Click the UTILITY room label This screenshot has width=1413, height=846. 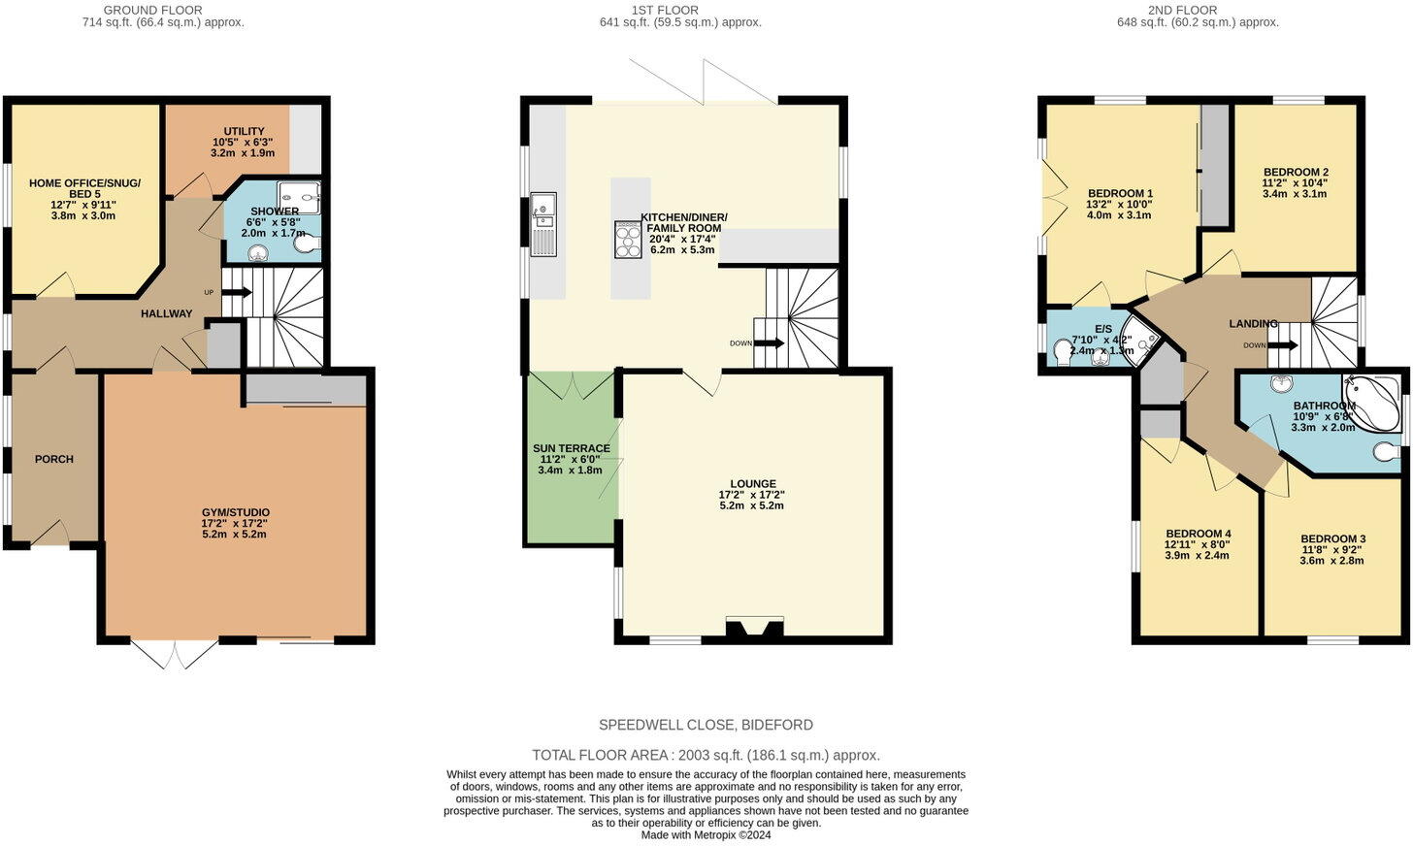[x=244, y=131]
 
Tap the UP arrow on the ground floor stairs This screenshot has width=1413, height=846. [x=237, y=292]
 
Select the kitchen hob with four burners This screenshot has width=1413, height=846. [x=628, y=240]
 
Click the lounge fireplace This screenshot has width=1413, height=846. [x=755, y=628]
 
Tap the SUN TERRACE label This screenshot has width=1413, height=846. [x=572, y=448]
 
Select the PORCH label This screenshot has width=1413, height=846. [x=54, y=459]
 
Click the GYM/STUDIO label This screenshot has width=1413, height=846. [x=236, y=512]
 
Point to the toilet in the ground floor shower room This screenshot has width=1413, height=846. [x=308, y=244]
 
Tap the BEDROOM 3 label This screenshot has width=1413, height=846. [x=1332, y=539]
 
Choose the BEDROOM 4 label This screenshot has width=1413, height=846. [x=1198, y=534]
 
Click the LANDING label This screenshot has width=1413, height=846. [x=1254, y=323]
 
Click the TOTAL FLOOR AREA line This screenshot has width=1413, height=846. [x=706, y=755]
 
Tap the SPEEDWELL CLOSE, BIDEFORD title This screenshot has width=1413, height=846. [x=706, y=725]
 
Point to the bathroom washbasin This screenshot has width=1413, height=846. [x=1281, y=383]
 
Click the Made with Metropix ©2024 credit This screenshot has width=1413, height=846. [x=706, y=835]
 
